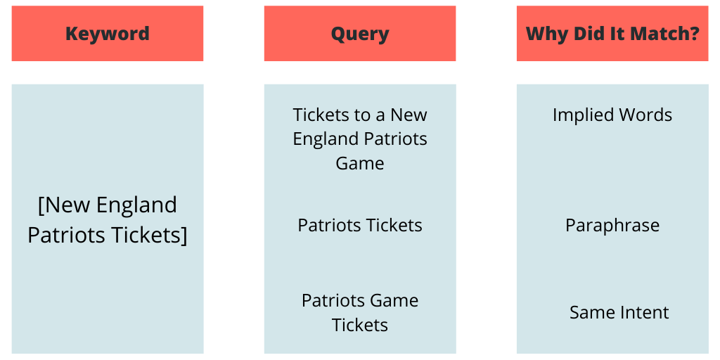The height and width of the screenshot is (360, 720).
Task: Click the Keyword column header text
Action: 108,34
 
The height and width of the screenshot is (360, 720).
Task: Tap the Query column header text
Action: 360,34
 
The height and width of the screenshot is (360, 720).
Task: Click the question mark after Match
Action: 695,34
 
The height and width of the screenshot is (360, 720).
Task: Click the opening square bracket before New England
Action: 41,205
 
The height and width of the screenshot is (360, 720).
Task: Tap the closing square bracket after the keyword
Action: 184,236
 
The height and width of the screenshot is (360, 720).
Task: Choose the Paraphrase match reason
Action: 612,226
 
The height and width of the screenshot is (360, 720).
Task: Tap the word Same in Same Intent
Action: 590,313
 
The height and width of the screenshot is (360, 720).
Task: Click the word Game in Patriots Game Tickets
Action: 395,301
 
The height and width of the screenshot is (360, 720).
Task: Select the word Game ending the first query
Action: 360,163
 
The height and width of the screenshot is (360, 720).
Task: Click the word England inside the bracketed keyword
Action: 136,205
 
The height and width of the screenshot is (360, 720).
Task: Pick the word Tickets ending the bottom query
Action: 360,325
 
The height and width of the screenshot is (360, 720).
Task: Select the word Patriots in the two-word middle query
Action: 328,226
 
